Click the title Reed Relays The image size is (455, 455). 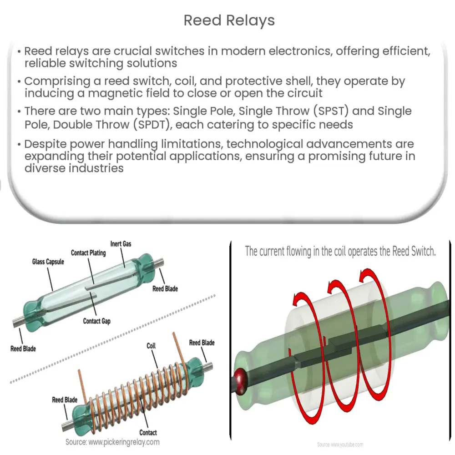click(229, 20)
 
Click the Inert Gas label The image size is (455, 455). click(121, 244)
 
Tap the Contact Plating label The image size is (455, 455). click(88, 253)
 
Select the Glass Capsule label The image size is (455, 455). click(48, 262)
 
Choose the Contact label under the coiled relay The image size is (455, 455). click(148, 432)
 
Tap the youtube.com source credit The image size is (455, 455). click(340, 445)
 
